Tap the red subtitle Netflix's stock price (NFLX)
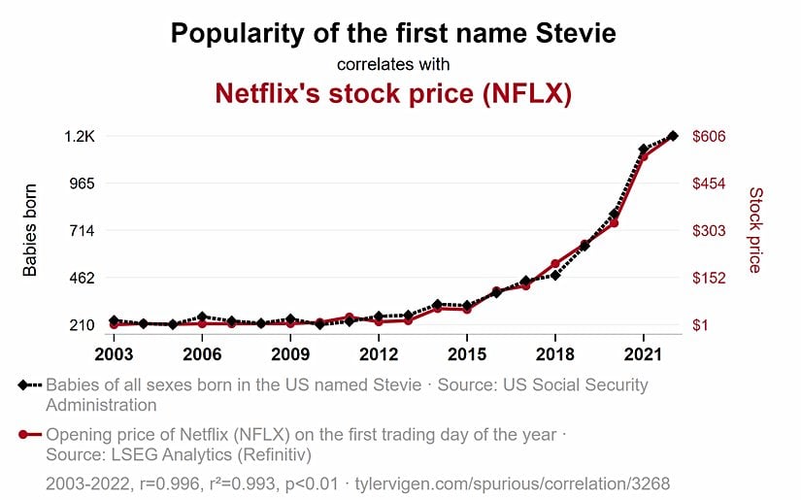(x=392, y=94)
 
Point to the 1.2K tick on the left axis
(x=79, y=137)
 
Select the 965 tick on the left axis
(x=81, y=183)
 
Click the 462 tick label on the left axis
(x=81, y=278)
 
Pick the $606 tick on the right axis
(x=709, y=137)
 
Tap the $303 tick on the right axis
(x=709, y=231)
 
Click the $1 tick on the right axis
(x=702, y=325)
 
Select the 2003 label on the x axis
(x=114, y=351)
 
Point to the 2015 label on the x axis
(x=466, y=351)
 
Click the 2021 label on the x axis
(x=643, y=351)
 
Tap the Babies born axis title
(x=30, y=230)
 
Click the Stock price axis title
(x=755, y=230)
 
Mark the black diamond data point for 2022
(x=672, y=136)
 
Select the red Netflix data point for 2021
(x=643, y=156)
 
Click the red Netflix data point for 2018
(x=554, y=264)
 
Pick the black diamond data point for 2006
(x=202, y=317)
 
